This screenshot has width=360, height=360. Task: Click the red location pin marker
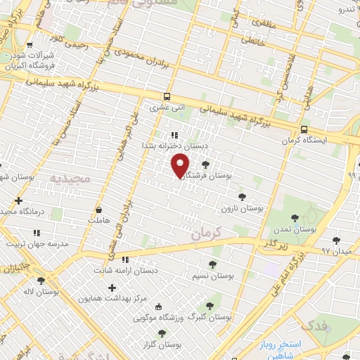181,166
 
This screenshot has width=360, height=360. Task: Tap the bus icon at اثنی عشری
167,97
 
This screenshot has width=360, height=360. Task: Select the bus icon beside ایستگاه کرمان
304,130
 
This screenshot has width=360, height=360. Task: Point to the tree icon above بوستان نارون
243,197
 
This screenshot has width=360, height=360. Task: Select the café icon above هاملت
98,210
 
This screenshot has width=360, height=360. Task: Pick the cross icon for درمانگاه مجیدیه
19,200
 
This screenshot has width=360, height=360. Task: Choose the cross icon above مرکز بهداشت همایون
112,287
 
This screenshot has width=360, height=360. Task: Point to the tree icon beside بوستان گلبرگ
209,305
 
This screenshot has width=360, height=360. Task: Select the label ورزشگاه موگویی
161,317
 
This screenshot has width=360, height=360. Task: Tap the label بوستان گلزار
160,345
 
